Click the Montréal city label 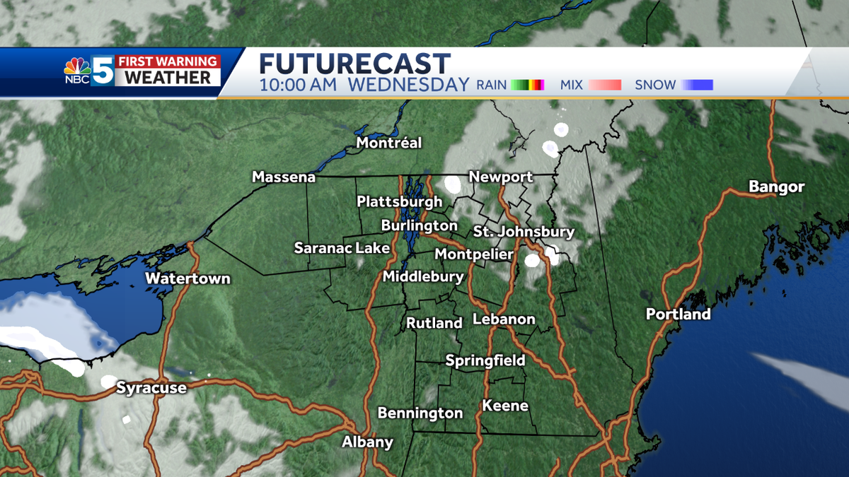(x=388, y=143)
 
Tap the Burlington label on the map (x=419, y=225)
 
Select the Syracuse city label (x=151, y=387)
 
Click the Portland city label (x=678, y=314)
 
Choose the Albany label (x=367, y=442)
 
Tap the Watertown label (x=187, y=278)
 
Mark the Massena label (x=284, y=177)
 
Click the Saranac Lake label (x=342, y=247)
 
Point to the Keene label (x=505, y=406)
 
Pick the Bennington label (x=420, y=413)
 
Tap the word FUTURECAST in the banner (x=354, y=64)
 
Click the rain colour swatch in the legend (x=527, y=85)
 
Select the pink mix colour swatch (x=605, y=85)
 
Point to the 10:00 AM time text (x=292, y=86)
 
